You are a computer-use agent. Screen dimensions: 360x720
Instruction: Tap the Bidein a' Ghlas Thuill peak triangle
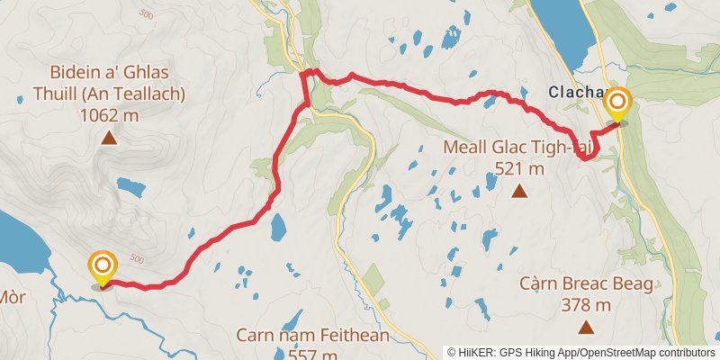pos(109,139)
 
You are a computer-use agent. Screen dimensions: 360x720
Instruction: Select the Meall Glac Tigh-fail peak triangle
pos(519,191)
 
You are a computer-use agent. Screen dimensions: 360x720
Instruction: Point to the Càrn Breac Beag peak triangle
pos(586,327)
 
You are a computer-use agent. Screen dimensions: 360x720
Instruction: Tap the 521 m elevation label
pos(519,167)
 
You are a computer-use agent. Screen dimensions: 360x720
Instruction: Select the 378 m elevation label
pos(585,304)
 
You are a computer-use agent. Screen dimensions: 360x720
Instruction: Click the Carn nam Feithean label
pos(312,337)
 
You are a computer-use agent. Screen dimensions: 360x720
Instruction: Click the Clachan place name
pos(575,92)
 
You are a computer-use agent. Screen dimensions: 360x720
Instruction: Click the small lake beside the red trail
pos(277,228)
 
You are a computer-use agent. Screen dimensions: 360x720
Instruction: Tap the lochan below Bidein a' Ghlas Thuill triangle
pos(131,188)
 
